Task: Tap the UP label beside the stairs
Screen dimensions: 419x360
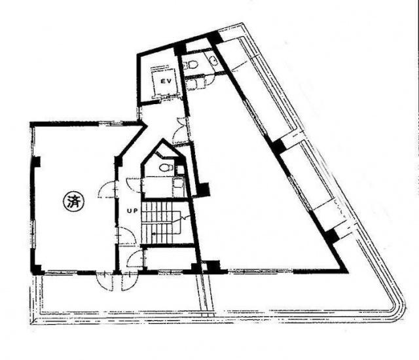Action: pyautogui.click(x=132, y=211)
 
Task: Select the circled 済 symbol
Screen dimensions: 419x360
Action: pyautogui.click(x=73, y=202)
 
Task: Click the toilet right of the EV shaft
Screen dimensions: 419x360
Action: pyautogui.click(x=192, y=64)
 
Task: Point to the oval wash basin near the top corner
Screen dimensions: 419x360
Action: pyautogui.click(x=214, y=60)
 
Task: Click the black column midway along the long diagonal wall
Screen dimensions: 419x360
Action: pyautogui.click(x=278, y=146)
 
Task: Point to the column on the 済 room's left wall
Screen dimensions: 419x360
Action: pyautogui.click(x=37, y=162)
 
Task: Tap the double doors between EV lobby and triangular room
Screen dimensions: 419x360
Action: pyautogui.click(x=181, y=131)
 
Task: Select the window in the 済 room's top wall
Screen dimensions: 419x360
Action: pyautogui.click(x=111, y=124)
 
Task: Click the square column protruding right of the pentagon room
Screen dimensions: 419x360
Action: pyautogui.click(x=204, y=189)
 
